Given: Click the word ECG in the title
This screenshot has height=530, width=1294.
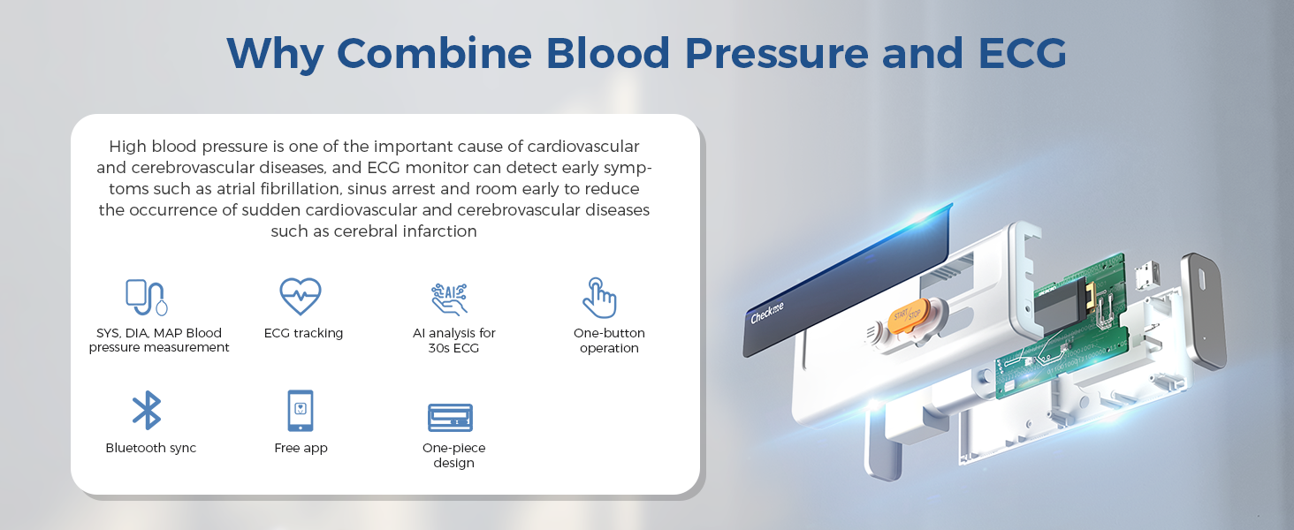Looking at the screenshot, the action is coord(1023,54).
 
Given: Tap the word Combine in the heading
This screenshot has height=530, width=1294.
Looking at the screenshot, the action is coord(434,54).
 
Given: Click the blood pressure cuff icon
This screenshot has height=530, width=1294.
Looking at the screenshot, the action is coord(147,298).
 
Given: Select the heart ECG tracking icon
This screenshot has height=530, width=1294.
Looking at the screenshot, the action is coord(301,296).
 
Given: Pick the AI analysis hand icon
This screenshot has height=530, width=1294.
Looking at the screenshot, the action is coord(449,299).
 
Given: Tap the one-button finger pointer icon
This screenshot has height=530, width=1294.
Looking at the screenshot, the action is coord(599,298).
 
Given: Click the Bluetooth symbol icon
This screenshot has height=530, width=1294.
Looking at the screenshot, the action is coord(147,410).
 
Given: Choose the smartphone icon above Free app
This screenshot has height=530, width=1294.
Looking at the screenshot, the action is coord(301,411).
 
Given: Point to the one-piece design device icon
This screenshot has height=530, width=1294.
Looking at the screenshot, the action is coord(450,418).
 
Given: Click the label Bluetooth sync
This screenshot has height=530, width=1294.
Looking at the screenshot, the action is coord(151,448).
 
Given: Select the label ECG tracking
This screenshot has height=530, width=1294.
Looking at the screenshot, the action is coord(303,333).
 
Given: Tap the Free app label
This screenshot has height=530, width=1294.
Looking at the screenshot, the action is coord(301,448).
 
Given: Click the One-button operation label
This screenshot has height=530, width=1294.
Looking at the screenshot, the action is coord(609,341).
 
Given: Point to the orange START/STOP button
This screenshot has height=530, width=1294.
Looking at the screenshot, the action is coord(909,315).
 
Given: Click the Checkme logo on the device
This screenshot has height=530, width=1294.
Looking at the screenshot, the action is coord(766,313).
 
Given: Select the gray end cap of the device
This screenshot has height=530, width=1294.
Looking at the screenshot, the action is coord(1203,311).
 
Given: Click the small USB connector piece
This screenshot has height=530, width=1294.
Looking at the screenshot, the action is coord(1147,276).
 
